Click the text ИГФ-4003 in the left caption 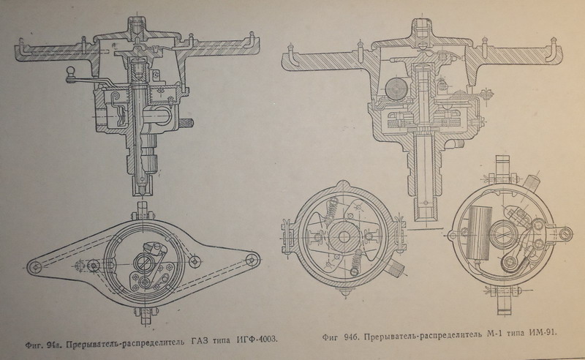pyautogui.click(x=257, y=339)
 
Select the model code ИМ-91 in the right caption pyautogui.click(x=543, y=333)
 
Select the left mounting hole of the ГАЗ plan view pyautogui.click(x=35, y=267)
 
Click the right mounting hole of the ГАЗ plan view pyautogui.click(x=253, y=259)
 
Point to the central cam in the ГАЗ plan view pyautogui.click(x=143, y=262)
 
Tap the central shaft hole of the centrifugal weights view pyautogui.click(x=343, y=237)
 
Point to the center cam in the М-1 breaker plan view pyautogui.click(x=504, y=234)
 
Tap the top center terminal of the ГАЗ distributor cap pyautogui.click(x=137, y=26)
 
